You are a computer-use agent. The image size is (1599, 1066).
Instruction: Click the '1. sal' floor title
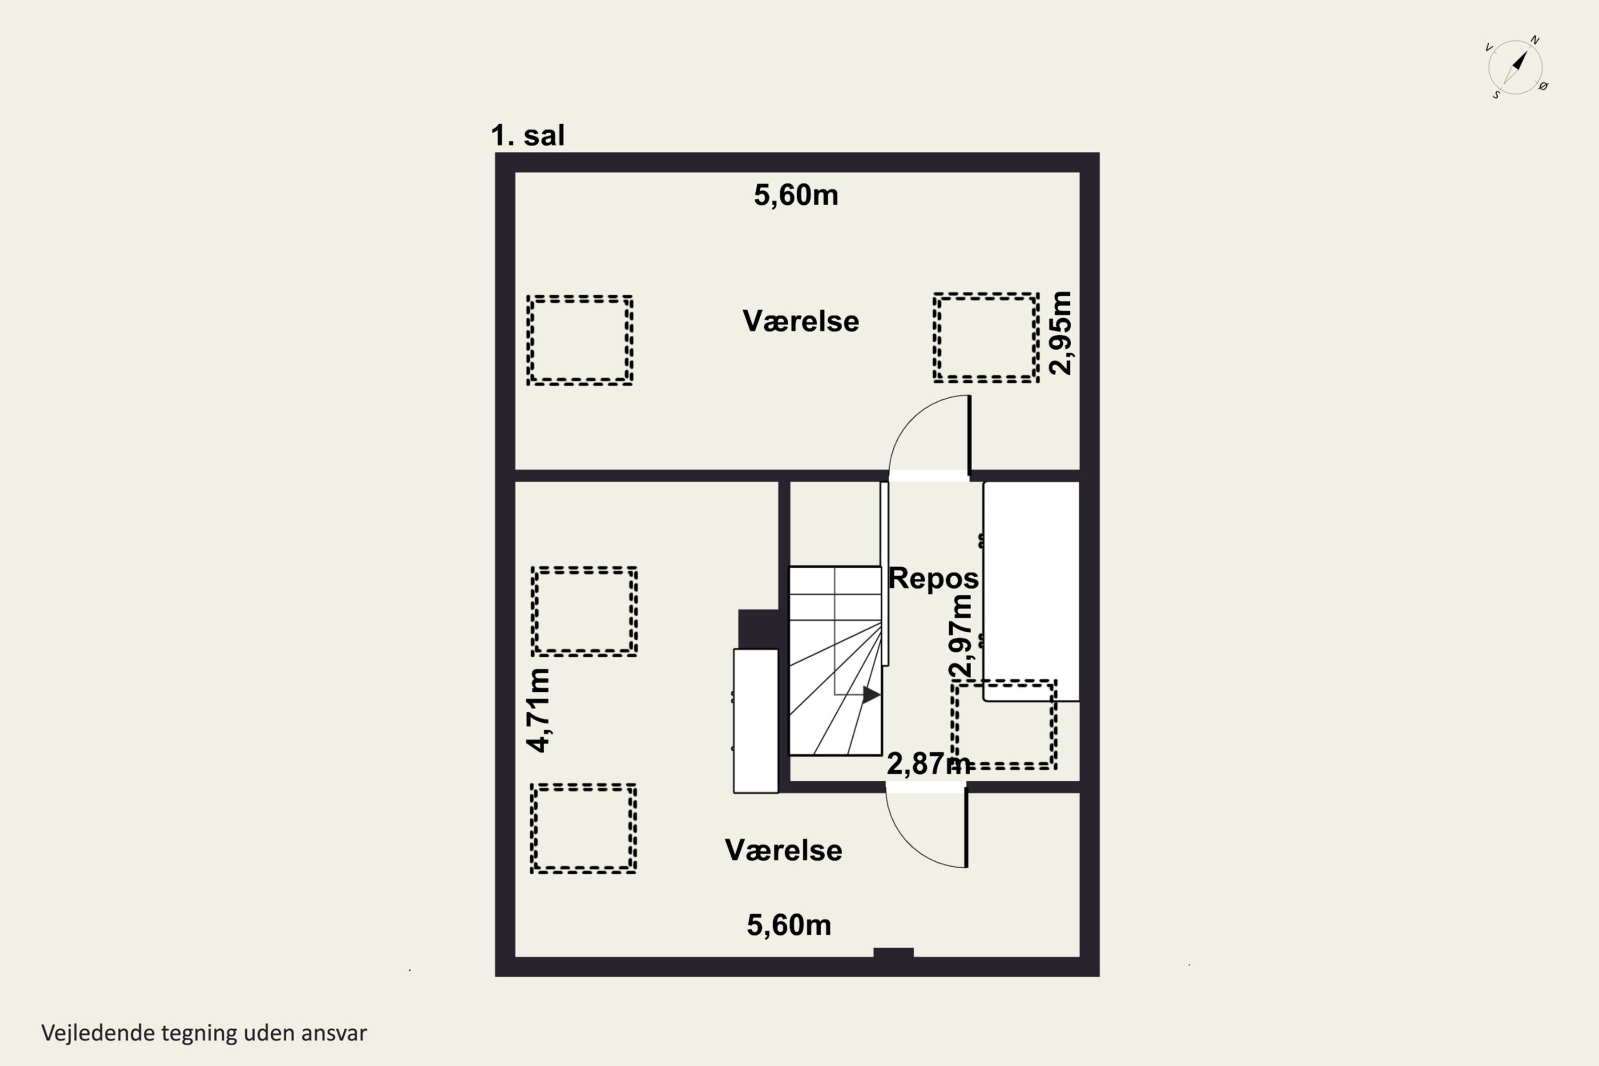528,135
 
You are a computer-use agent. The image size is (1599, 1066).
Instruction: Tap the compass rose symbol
1515,67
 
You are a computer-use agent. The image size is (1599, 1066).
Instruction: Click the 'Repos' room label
933,578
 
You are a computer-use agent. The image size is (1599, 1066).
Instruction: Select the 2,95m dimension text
1061,333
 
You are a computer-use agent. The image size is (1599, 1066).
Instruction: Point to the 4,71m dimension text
538,710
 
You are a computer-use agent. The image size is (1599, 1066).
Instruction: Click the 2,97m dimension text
960,636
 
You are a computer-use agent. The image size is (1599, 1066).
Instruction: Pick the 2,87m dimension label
928,764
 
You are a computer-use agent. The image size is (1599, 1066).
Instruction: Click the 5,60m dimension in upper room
795,195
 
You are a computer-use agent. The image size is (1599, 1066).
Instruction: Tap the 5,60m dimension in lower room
789,925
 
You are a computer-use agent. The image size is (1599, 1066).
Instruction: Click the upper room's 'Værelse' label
800,321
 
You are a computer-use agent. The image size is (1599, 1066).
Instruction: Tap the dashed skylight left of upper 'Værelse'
580,341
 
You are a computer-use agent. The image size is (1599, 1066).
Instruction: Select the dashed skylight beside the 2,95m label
986,338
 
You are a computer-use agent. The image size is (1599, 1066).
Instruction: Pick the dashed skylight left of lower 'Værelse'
583,829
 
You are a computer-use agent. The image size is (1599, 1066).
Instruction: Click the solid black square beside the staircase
758,629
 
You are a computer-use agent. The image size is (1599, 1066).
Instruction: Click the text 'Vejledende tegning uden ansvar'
204,1033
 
